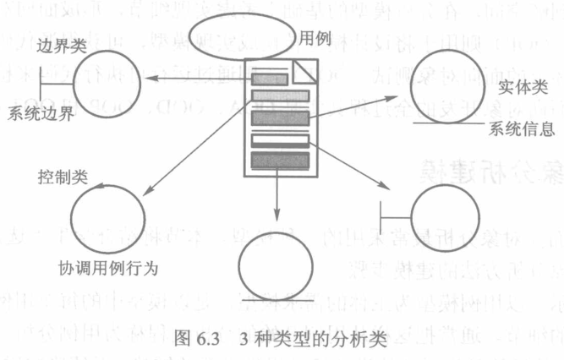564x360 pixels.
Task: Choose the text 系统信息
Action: (x=521, y=130)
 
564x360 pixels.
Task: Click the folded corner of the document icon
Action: (x=306, y=71)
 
